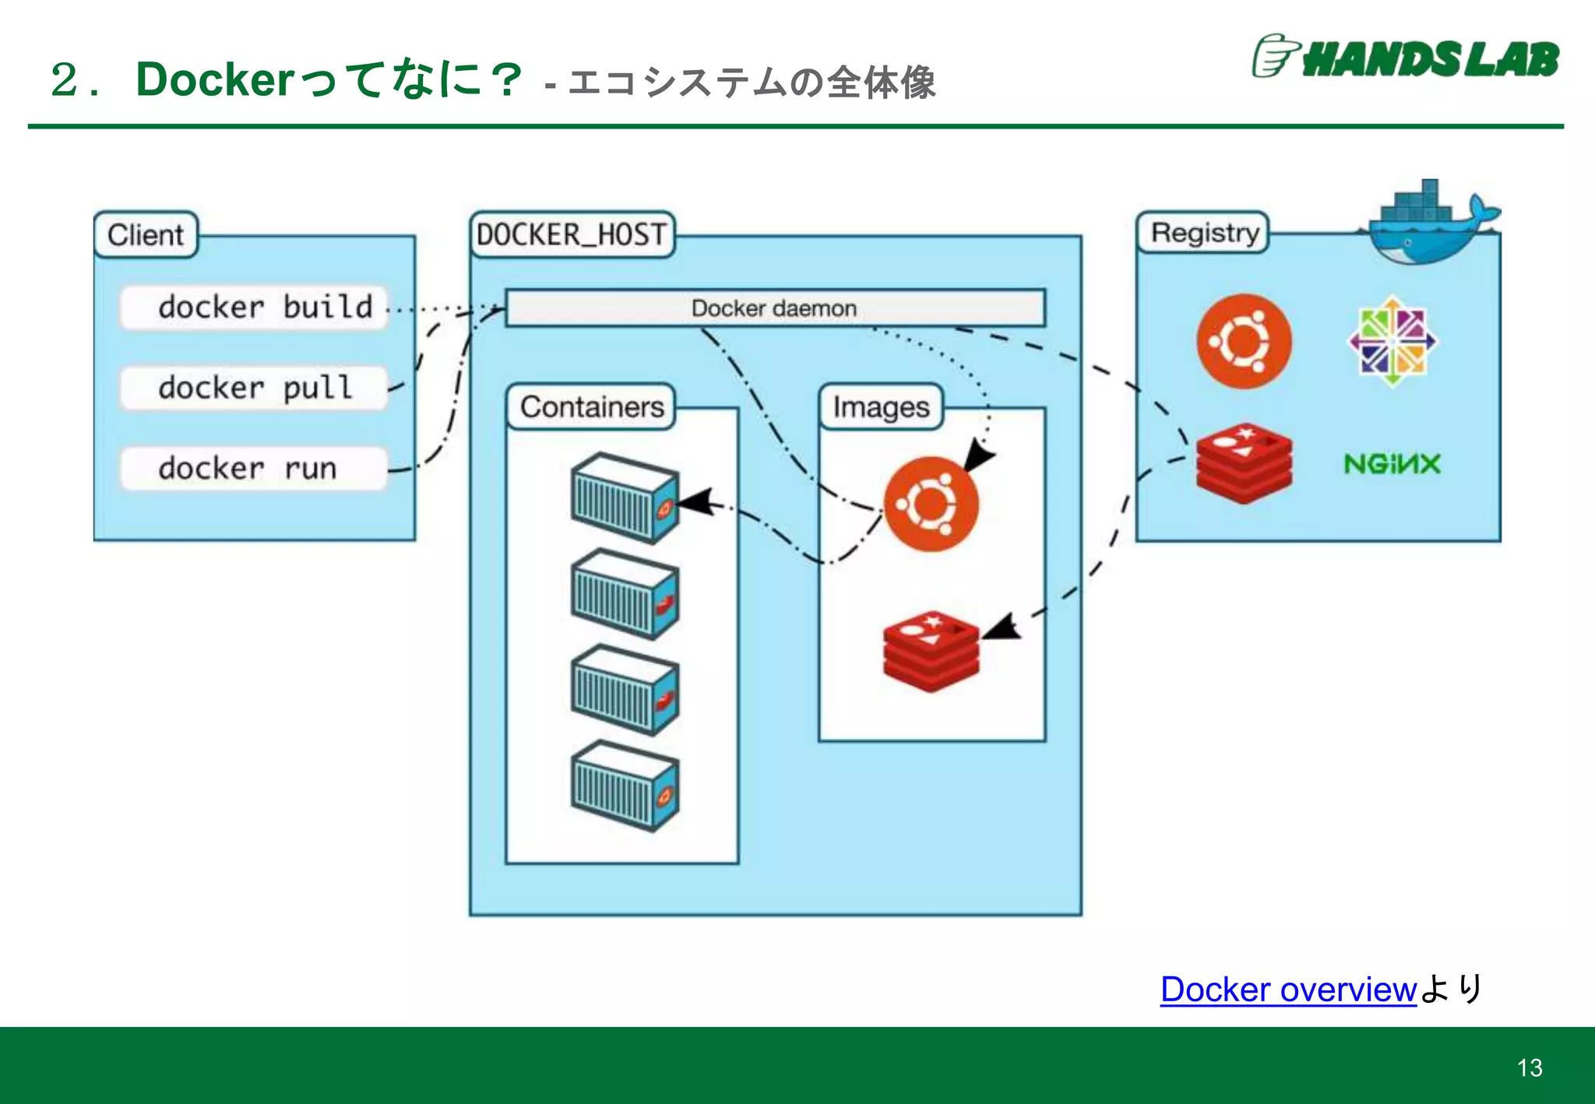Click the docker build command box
pos(254,308)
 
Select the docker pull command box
pos(254,388)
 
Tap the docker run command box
pos(254,469)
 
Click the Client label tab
pos(146,234)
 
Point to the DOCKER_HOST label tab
pos(572,234)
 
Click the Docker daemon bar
pos(775,308)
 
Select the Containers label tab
pos(591,406)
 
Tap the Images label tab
pos(881,406)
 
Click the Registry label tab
pos(1203,233)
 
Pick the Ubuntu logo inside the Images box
pos(931,504)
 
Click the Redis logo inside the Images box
pos(931,651)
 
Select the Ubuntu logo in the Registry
pos(1244,341)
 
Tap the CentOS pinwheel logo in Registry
pos(1393,341)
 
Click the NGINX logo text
pos(1393,464)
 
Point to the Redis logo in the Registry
pos(1244,463)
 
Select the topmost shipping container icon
pos(625,498)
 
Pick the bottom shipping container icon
pos(625,786)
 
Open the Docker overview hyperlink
pos(1288,990)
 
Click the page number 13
pos(1530,1067)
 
